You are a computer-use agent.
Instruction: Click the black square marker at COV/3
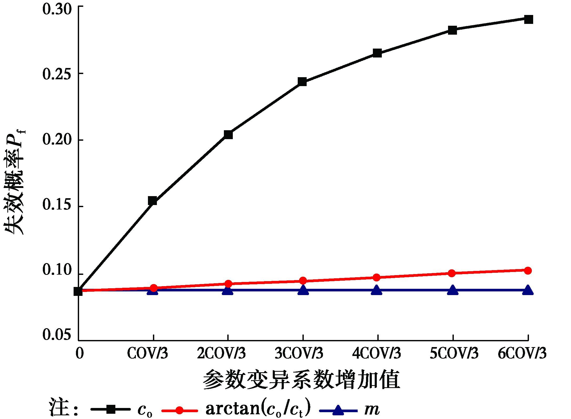(152, 201)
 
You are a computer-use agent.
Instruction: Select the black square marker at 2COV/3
(228, 134)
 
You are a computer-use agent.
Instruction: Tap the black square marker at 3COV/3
(302, 82)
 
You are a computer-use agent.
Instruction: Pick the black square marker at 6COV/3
(528, 19)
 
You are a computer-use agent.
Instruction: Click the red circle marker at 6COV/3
(528, 270)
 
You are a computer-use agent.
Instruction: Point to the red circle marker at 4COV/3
(377, 277)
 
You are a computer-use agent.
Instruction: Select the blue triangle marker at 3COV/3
(303, 290)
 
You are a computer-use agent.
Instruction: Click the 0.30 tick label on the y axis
(57, 10)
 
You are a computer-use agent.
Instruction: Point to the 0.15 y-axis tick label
(57, 205)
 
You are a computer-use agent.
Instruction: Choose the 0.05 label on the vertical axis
(57, 335)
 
